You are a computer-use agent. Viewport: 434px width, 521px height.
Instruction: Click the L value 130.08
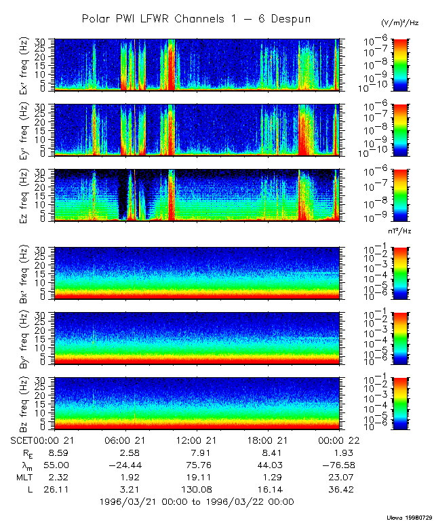coord(196,488)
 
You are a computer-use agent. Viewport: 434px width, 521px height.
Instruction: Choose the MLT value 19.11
coord(196,476)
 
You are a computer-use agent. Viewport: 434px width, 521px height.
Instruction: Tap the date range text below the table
coord(196,502)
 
